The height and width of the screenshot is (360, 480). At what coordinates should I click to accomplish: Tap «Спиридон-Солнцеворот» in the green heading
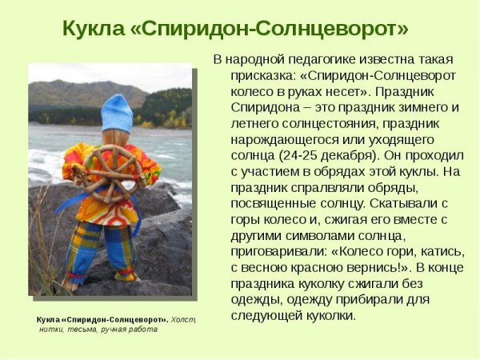coord(271,29)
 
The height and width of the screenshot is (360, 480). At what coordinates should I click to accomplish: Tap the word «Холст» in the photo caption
coord(183,320)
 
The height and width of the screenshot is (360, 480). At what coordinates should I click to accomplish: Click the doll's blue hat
coord(117,111)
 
